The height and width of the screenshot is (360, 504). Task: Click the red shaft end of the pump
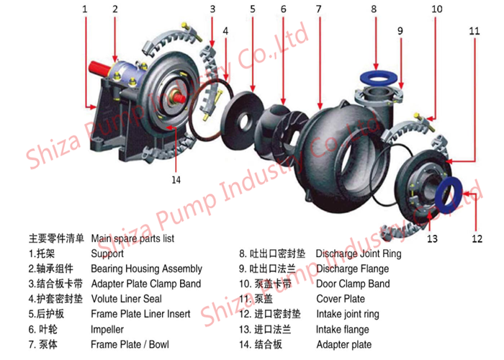[99, 68]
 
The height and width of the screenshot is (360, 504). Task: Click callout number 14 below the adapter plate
[176, 180]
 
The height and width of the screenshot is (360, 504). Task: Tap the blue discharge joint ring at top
[379, 77]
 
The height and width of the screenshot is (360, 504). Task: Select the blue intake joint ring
[449, 194]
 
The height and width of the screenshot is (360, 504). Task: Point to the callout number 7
[318, 9]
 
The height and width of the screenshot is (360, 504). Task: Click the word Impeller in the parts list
[107, 330]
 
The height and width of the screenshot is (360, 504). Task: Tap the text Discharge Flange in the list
[353, 269]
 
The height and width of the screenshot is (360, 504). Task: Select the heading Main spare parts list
[132, 238]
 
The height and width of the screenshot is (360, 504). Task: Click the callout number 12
[477, 239]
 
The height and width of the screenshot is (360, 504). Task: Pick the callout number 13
[432, 239]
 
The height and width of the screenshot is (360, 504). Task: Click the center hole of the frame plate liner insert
[243, 122]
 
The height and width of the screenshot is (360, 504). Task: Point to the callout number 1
[84, 9]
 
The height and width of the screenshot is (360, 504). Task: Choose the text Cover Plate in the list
[341, 299]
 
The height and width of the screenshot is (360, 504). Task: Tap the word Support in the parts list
[107, 253]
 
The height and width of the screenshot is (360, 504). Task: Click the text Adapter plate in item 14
[344, 345]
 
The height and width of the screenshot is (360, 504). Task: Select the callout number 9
[400, 31]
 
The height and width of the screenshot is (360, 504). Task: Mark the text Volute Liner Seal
[127, 299]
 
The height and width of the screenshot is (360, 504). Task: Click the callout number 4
[225, 31]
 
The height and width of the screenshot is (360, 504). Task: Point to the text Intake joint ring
[348, 314]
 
